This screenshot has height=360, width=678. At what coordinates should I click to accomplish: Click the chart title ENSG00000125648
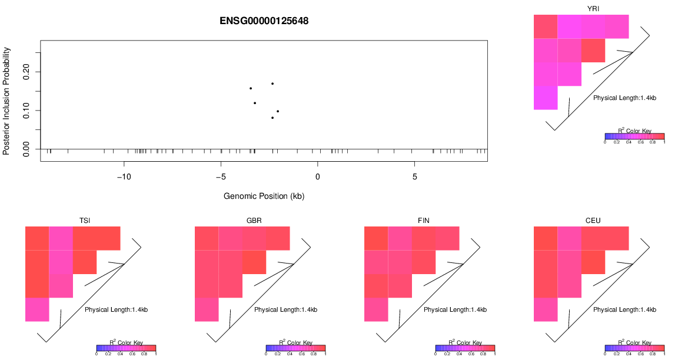(x=264, y=21)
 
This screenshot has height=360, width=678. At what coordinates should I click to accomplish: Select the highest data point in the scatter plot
(x=272, y=84)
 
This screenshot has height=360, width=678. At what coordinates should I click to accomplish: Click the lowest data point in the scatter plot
(x=272, y=118)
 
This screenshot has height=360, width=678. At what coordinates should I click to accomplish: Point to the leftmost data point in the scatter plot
(x=251, y=88)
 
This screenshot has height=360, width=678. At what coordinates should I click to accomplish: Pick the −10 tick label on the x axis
(x=124, y=177)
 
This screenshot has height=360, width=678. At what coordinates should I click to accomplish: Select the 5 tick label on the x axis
(x=414, y=177)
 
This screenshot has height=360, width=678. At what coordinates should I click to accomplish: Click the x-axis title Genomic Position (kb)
(x=264, y=196)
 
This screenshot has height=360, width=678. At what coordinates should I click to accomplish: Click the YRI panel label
(x=593, y=8)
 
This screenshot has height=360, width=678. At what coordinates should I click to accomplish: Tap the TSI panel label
(x=85, y=221)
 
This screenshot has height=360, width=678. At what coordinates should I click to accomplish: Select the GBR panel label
(x=254, y=221)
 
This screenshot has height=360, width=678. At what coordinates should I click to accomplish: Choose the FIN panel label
(x=424, y=221)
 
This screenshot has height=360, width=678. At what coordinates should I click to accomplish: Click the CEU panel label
(x=593, y=221)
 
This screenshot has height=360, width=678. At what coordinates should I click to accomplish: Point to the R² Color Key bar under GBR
(x=295, y=348)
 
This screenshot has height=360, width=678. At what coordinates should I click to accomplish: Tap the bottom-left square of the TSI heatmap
(x=37, y=310)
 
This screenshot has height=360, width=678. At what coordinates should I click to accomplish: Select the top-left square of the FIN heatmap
(x=376, y=238)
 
